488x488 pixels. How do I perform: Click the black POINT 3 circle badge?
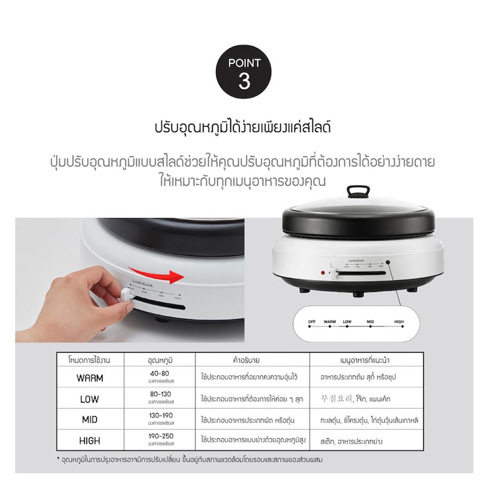pyautogui.click(x=244, y=73)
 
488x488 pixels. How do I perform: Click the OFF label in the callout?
pyautogui.click(x=312, y=322)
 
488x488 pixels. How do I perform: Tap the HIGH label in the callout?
pyautogui.click(x=399, y=322)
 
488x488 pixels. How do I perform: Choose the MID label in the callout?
pyautogui.click(x=370, y=322)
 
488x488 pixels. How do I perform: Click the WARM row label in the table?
pyautogui.click(x=90, y=378)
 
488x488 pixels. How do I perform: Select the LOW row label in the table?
pyautogui.click(x=90, y=399)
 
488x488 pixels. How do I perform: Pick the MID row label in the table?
pyautogui.click(x=90, y=420)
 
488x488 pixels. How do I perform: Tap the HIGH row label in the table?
pyautogui.click(x=90, y=441)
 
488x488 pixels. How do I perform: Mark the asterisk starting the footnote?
pyautogui.click(x=58, y=459)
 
